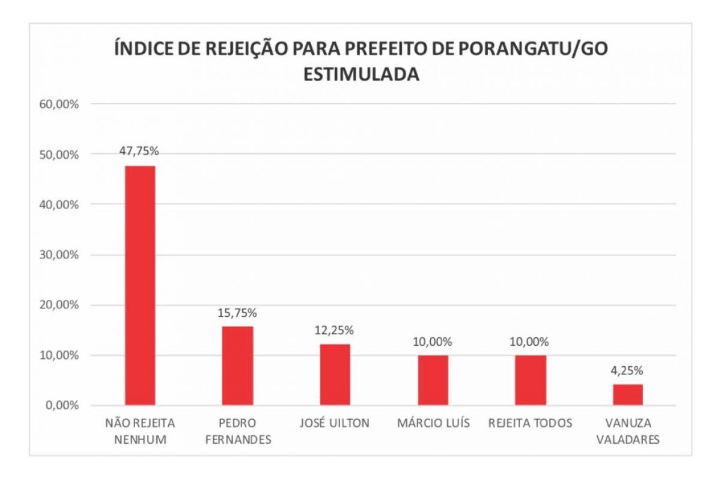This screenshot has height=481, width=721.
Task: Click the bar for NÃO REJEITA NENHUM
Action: (139, 285)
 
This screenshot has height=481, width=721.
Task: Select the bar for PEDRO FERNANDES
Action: (237, 365)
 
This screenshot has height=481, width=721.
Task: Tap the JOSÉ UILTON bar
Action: (335, 374)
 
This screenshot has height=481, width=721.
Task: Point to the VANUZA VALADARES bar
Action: (628, 394)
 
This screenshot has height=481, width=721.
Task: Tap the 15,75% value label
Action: (237, 313)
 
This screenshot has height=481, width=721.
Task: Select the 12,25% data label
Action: (335, 331)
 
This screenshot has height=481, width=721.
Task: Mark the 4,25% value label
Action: (628, 371)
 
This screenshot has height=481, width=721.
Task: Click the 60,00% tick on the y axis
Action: (59, 104)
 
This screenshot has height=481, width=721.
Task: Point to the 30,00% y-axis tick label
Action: (59, 255)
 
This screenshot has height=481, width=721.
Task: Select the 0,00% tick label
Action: (62, 405)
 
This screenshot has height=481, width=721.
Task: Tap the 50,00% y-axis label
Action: (59, 155)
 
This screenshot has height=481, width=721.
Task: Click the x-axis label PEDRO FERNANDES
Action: (238, 431)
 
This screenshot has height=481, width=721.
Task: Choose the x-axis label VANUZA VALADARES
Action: (628, 431)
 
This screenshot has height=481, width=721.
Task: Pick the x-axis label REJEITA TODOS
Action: (531, 423)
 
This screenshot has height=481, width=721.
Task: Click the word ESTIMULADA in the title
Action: (360, 75)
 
